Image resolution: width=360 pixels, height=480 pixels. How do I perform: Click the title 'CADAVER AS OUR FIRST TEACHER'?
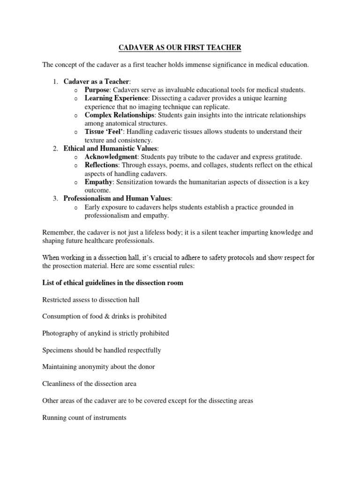180,47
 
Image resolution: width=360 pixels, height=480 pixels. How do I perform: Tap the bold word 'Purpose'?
97,90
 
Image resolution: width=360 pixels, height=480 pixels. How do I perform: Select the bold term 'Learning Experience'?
116,98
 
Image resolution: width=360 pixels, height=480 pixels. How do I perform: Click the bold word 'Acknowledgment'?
111,157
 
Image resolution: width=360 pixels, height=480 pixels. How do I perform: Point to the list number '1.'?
55,82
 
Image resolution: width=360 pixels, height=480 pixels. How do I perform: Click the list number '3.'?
55,199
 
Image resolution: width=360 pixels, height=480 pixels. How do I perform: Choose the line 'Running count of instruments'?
84,417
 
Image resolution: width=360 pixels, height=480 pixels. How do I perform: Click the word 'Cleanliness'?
59,383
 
